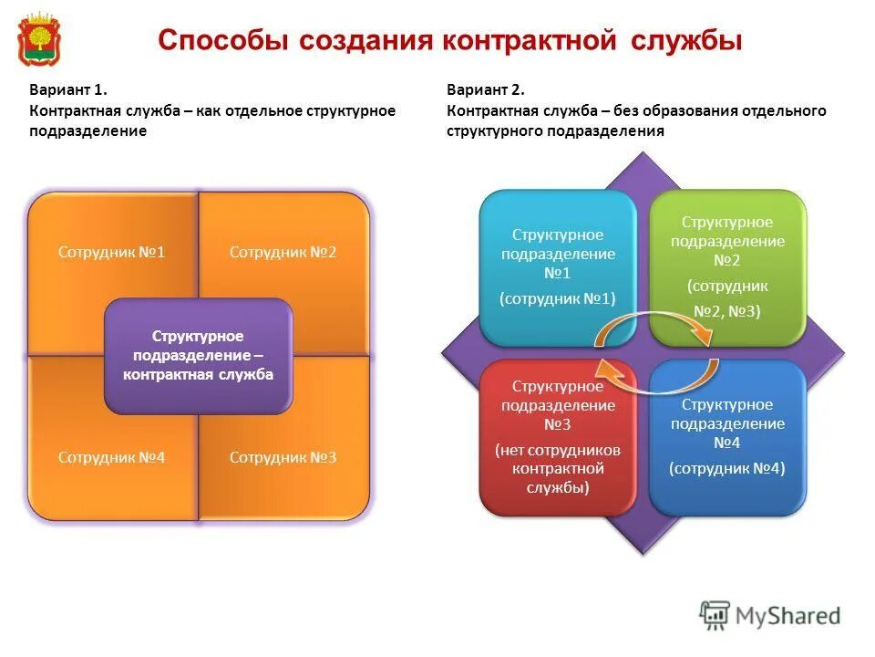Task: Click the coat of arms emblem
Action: point(36,39)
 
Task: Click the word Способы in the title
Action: point(215,41)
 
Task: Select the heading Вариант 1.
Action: point(69,90)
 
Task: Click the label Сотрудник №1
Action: point(111,251)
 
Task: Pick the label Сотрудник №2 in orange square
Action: point(283,251)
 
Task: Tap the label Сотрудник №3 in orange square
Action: point(283,457)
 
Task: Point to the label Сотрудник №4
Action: point(111,457)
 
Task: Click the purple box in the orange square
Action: point(198,355)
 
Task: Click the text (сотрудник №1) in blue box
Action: point(558,297)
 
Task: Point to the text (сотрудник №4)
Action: point(727,468)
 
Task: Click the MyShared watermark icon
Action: point(715,616)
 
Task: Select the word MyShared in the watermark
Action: point(788,616)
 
